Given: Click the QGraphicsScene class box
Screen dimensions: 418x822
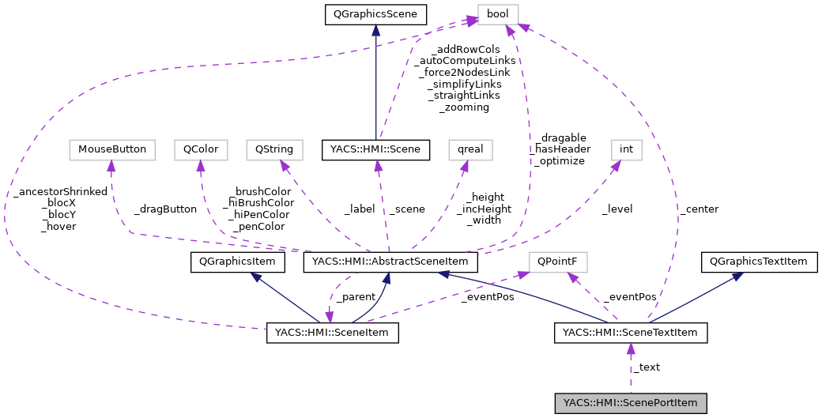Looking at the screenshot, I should pos(376,13).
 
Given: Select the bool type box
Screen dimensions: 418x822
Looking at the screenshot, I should pos(498,13).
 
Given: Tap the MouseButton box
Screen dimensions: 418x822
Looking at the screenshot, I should pos(111,149).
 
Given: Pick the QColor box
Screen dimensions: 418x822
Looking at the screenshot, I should pos(201,149).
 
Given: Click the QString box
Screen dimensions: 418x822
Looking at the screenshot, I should pos(270,149).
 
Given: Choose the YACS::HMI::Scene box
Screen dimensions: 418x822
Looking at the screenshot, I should pos(376,149).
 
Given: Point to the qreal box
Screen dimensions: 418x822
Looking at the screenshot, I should pos(470,149).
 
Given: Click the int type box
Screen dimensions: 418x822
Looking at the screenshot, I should pos(626,149).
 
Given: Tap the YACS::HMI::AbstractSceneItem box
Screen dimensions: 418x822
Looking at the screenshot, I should pos(390,262).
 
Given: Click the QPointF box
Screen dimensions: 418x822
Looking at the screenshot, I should pos(557,262).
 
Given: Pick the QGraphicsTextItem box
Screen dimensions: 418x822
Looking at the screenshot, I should pos(759,262).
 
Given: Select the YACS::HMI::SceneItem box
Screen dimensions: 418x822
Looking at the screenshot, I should pos(332,333).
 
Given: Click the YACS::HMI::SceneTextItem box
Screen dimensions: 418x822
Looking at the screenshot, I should pos(630,333).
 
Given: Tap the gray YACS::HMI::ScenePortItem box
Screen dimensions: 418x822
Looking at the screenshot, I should pos(630,403).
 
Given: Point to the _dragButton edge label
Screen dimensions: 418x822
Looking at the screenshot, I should pos(165,209).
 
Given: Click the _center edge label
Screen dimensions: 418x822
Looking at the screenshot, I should pos(698,209).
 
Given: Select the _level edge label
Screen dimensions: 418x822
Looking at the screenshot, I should pos(616,209).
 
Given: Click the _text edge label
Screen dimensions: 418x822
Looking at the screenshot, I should pos(647,367).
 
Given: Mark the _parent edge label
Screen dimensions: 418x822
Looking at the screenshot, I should pos(355,297).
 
